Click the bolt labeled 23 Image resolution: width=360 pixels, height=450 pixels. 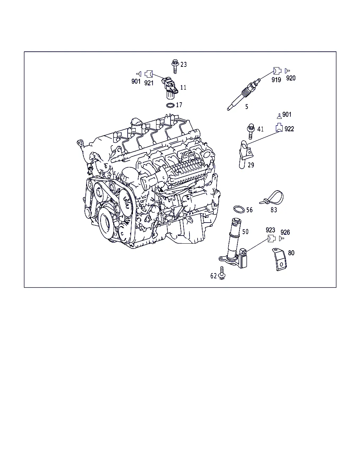coord(175,67)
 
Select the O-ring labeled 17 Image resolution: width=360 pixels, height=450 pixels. coord(170,105)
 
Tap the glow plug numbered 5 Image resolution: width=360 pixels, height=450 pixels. coord(244,94)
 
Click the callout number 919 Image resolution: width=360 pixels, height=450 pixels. coord(276,80)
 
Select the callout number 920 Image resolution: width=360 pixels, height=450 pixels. coord(291,78)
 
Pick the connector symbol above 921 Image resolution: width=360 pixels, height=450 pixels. coord(148,74)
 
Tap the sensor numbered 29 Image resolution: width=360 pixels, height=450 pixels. coord(246,154)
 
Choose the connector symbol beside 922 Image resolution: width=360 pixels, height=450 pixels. coord(279,128)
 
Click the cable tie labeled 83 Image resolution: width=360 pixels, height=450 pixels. coord(271,198)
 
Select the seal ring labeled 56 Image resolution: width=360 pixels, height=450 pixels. coord(239,209)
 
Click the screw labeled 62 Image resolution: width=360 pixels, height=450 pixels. coord(222,273)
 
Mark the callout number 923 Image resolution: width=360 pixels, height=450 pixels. coord(270,230)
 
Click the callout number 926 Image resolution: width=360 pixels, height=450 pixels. coord(285,232)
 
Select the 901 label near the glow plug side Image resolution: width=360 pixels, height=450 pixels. coord(287,114)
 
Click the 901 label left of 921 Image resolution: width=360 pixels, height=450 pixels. coord(136,81)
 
